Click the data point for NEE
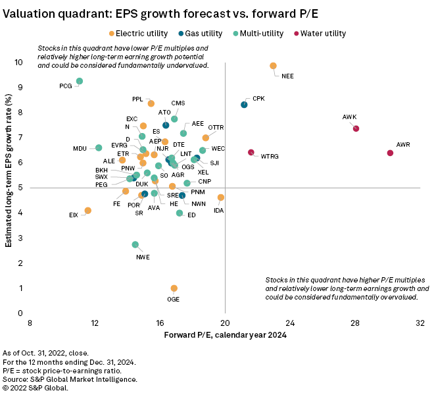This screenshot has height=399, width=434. pyautogui.click(x=274, y=66)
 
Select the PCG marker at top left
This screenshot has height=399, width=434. pyautogui.click(x=80, y=81)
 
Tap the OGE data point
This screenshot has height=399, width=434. pyautogui.click(x=174, y=288)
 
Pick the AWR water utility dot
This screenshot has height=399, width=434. pyautogui.click(x=390, y=153)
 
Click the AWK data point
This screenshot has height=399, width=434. pyautogui.click(x=356, y=128)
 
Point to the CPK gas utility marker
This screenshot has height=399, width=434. pyautogui.click(x=244, y=105)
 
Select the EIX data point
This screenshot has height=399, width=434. pyautogui.click(x=88, y=211)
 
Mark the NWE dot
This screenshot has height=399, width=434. pyautogui.click(x=135, y=244)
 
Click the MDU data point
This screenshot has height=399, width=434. pyautogui.click(x=99, y=147)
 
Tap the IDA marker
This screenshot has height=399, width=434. pyautogui.click(x=221, y=198)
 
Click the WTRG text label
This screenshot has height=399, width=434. pyautogui.click(x=270, y=157)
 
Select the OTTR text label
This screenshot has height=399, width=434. pyautogui.click(x=216, y=127)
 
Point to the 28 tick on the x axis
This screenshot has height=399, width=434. pyautogui.click(x=355, y=323)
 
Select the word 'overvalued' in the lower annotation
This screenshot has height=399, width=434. pyautogui.click(x=398, y=297)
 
